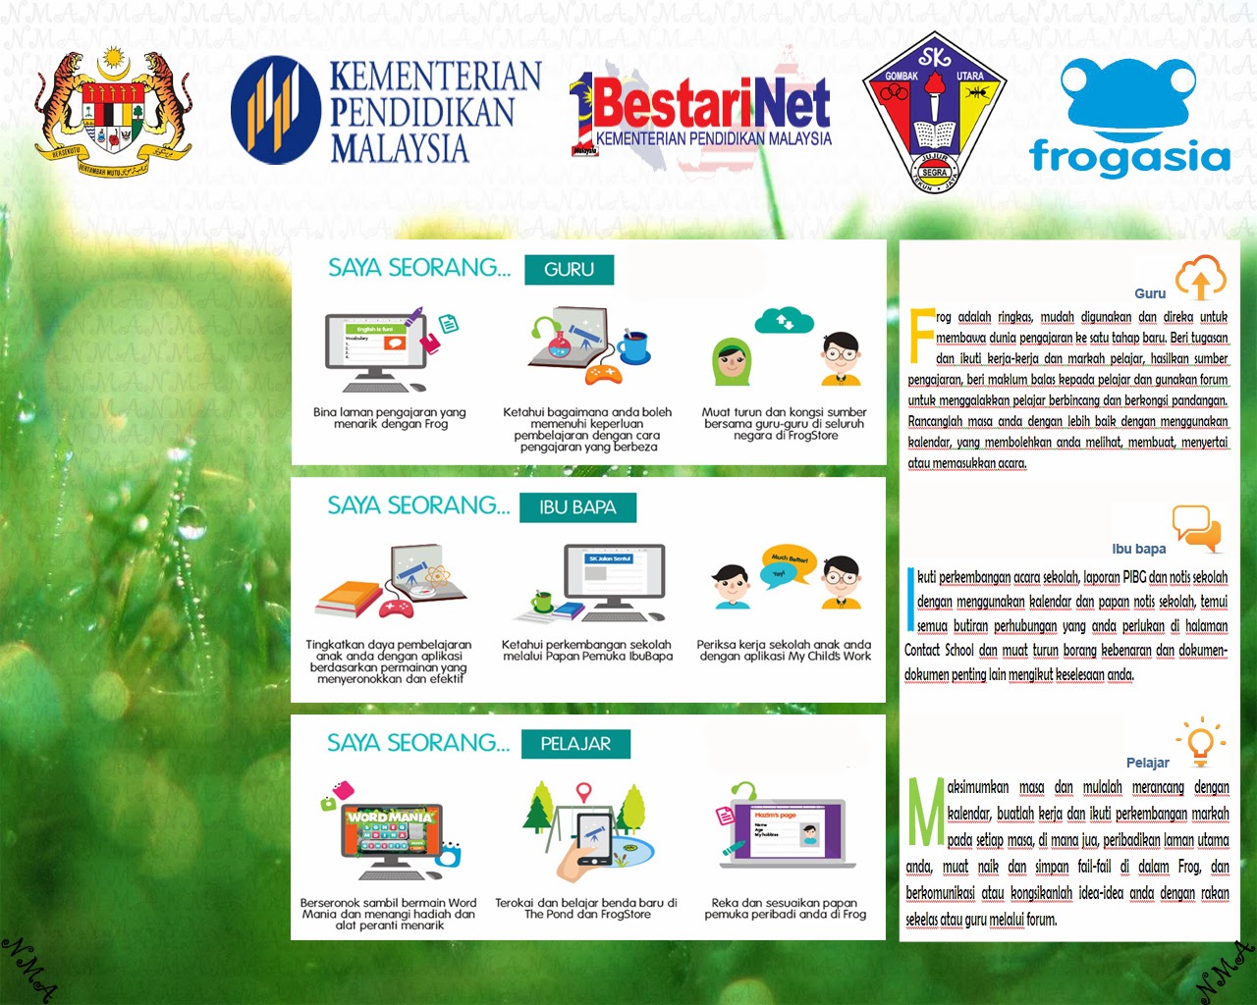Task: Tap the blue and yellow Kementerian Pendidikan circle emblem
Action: pos(275,109)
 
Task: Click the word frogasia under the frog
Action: pos(1129,157)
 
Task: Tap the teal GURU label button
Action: pos(569,270)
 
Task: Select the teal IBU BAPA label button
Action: pos(577,507)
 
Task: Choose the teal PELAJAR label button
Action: pos(575,744)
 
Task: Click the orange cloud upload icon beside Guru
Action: pos(1200,277)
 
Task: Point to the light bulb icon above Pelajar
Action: pos(1200,742)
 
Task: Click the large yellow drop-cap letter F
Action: pos(921,336)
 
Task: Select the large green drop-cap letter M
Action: pos(925,812)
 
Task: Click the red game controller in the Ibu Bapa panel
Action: pos(397,608)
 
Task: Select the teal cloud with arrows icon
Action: pos(784,320)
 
